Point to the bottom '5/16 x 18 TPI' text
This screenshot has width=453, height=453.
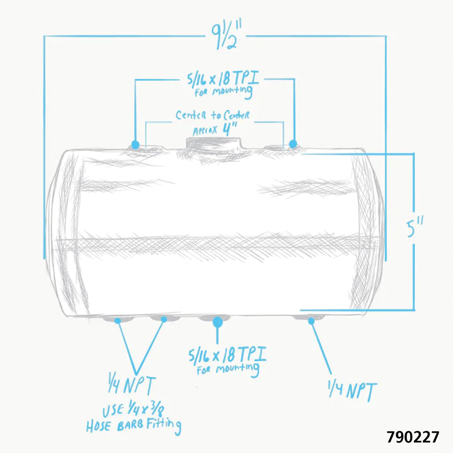227,354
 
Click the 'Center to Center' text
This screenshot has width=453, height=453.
212,115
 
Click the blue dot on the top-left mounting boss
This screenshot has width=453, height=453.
135,144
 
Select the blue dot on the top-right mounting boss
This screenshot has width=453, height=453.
293,143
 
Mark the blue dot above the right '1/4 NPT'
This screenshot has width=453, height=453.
311,321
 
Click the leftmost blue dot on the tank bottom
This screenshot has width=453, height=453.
117,320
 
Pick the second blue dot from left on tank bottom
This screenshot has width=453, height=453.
164,320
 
